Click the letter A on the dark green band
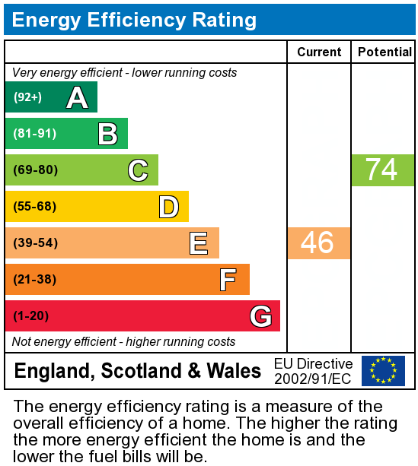pyautogui.click(x=77, y=97)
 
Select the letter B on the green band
pyautogui.click(x=107, y=134)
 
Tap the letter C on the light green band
pyautogui.click(x=138, y=170)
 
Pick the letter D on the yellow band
pyautogui.click(x=168, y=207)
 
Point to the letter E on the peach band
pyautogui.click(x=199, y=243)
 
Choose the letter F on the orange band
pyautogui.click(x=228, y=280)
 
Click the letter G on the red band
pyautogui.click(x=260, y=316)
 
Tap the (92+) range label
pyautogui.click(x=28, y=97)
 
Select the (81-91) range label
pyautogui.click(x=35, y=134)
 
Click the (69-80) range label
pyautogui.click(x=36, y=170)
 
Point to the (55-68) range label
pyautogui.click(x=35, y=207)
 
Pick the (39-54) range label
pyautogui.click(x=35, y=243)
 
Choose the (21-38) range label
pyautogui.click(x=35, y=280)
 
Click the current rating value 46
pyautogui.click(x=317, y=243)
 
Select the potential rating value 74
pyautogui.click(x=381, y=170)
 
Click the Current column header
pyautogui.click(x=319, y=52)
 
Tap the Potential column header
pyautogui.click(x=384, y=52)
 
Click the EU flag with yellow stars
pyautogui.click(x=383, y=371)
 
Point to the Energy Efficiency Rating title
pyautogui.click(x=134, y=20)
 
